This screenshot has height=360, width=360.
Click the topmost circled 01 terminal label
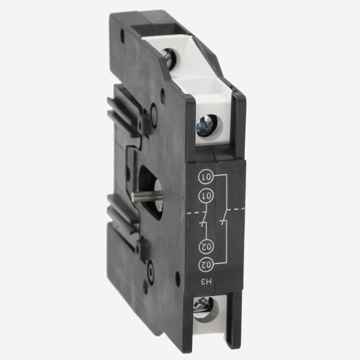tap(206, 177)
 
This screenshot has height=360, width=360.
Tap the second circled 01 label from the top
tap(206, 196)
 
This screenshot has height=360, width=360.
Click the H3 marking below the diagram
tap(206, 282)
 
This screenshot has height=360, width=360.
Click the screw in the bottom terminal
tap(202, 305)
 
